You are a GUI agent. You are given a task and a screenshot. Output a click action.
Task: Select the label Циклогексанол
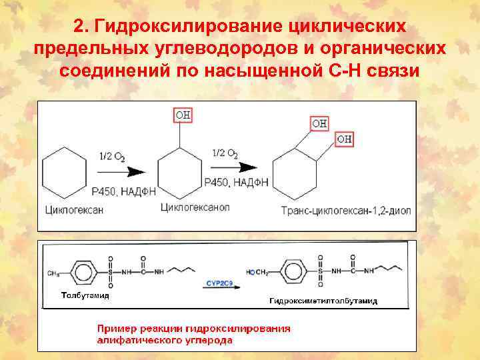tap(195, 207)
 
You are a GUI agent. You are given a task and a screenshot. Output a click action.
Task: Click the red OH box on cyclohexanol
tap(183, 115)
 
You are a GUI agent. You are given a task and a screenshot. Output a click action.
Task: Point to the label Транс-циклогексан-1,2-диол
tap(346, 211)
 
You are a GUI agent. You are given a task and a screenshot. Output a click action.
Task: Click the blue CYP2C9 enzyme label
tap(218, 283)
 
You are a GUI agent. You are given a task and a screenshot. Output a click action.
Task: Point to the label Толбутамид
tap(85, 295)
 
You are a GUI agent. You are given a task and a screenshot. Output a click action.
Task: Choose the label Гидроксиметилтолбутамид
tap(323, 301)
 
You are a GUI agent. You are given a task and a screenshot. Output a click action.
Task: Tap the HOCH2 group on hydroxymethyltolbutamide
tap(257, 272)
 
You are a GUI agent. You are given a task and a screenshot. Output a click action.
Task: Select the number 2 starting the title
tap(78, 27)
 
